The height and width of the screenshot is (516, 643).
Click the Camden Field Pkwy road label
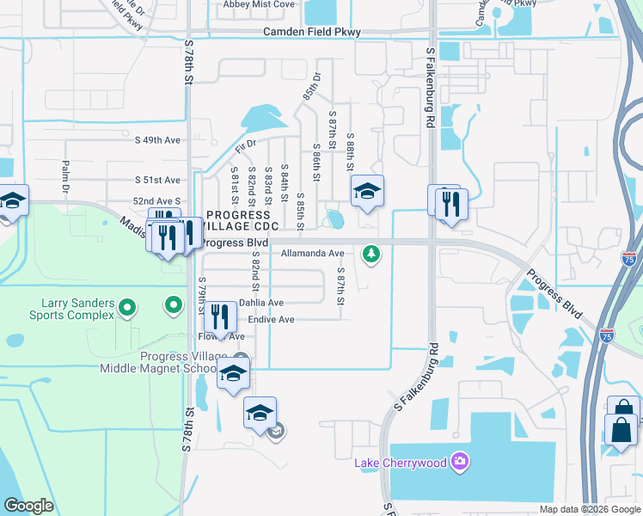coord(312,32)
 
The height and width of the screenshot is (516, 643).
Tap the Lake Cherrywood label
coord(401,464)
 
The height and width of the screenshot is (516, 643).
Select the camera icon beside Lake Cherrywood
coord(460,464)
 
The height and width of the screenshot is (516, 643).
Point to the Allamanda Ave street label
coord(312,254)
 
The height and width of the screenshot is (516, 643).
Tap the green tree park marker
coord(370,254)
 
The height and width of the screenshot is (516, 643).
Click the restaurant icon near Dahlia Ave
coord(221,317)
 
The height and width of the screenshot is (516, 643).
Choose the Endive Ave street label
coord(271,320)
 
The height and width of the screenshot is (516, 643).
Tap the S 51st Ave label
coord(158,180)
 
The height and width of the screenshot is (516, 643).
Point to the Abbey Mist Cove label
coord(259,4)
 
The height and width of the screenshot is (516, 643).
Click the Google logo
coord(28,506)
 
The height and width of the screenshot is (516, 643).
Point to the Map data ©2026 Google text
coord(589,509)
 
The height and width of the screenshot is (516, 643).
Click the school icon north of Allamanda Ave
coord(367,192)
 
